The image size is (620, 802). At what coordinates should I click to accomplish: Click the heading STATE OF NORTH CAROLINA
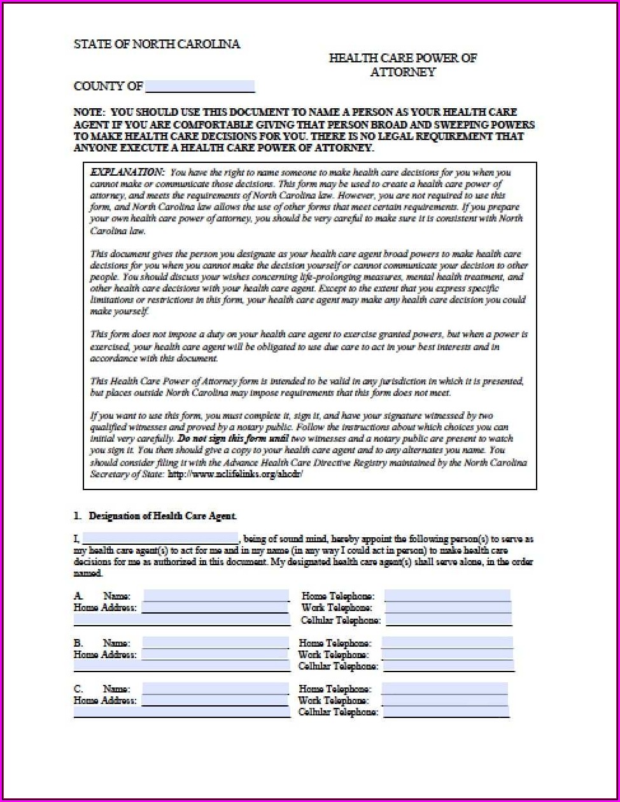(x=157, y=44)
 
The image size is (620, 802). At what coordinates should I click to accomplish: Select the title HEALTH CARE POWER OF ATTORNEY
(x=402, y=65)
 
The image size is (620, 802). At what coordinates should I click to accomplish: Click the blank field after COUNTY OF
(x=199, y=87)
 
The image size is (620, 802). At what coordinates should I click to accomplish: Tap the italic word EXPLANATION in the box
(x=127, y=172)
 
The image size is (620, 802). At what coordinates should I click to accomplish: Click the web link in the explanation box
(x=235, y=474)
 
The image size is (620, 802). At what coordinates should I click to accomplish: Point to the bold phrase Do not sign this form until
(x=234, y=439)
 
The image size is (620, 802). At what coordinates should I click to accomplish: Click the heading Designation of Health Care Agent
(x=162, y=516)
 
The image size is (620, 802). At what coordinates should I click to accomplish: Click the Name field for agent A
(x=216, y=596)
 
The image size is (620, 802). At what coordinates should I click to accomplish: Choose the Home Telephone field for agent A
(x=447, y=596)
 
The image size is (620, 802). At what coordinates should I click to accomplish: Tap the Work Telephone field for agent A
(x=447, y=608)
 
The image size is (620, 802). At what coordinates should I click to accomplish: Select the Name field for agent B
(x=215, y=643)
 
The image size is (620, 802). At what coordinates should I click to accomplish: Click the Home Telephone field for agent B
(x=447, y=643)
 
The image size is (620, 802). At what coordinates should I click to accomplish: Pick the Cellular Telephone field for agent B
(x=447, y=666)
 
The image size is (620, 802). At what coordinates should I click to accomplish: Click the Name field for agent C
(x=215, y=689)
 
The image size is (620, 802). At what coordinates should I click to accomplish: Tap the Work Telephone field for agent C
(x=444, y=700)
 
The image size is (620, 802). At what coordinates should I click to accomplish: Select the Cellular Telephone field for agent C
(x=445, y=712)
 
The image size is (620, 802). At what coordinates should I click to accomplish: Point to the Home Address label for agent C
(x=105, y=700)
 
